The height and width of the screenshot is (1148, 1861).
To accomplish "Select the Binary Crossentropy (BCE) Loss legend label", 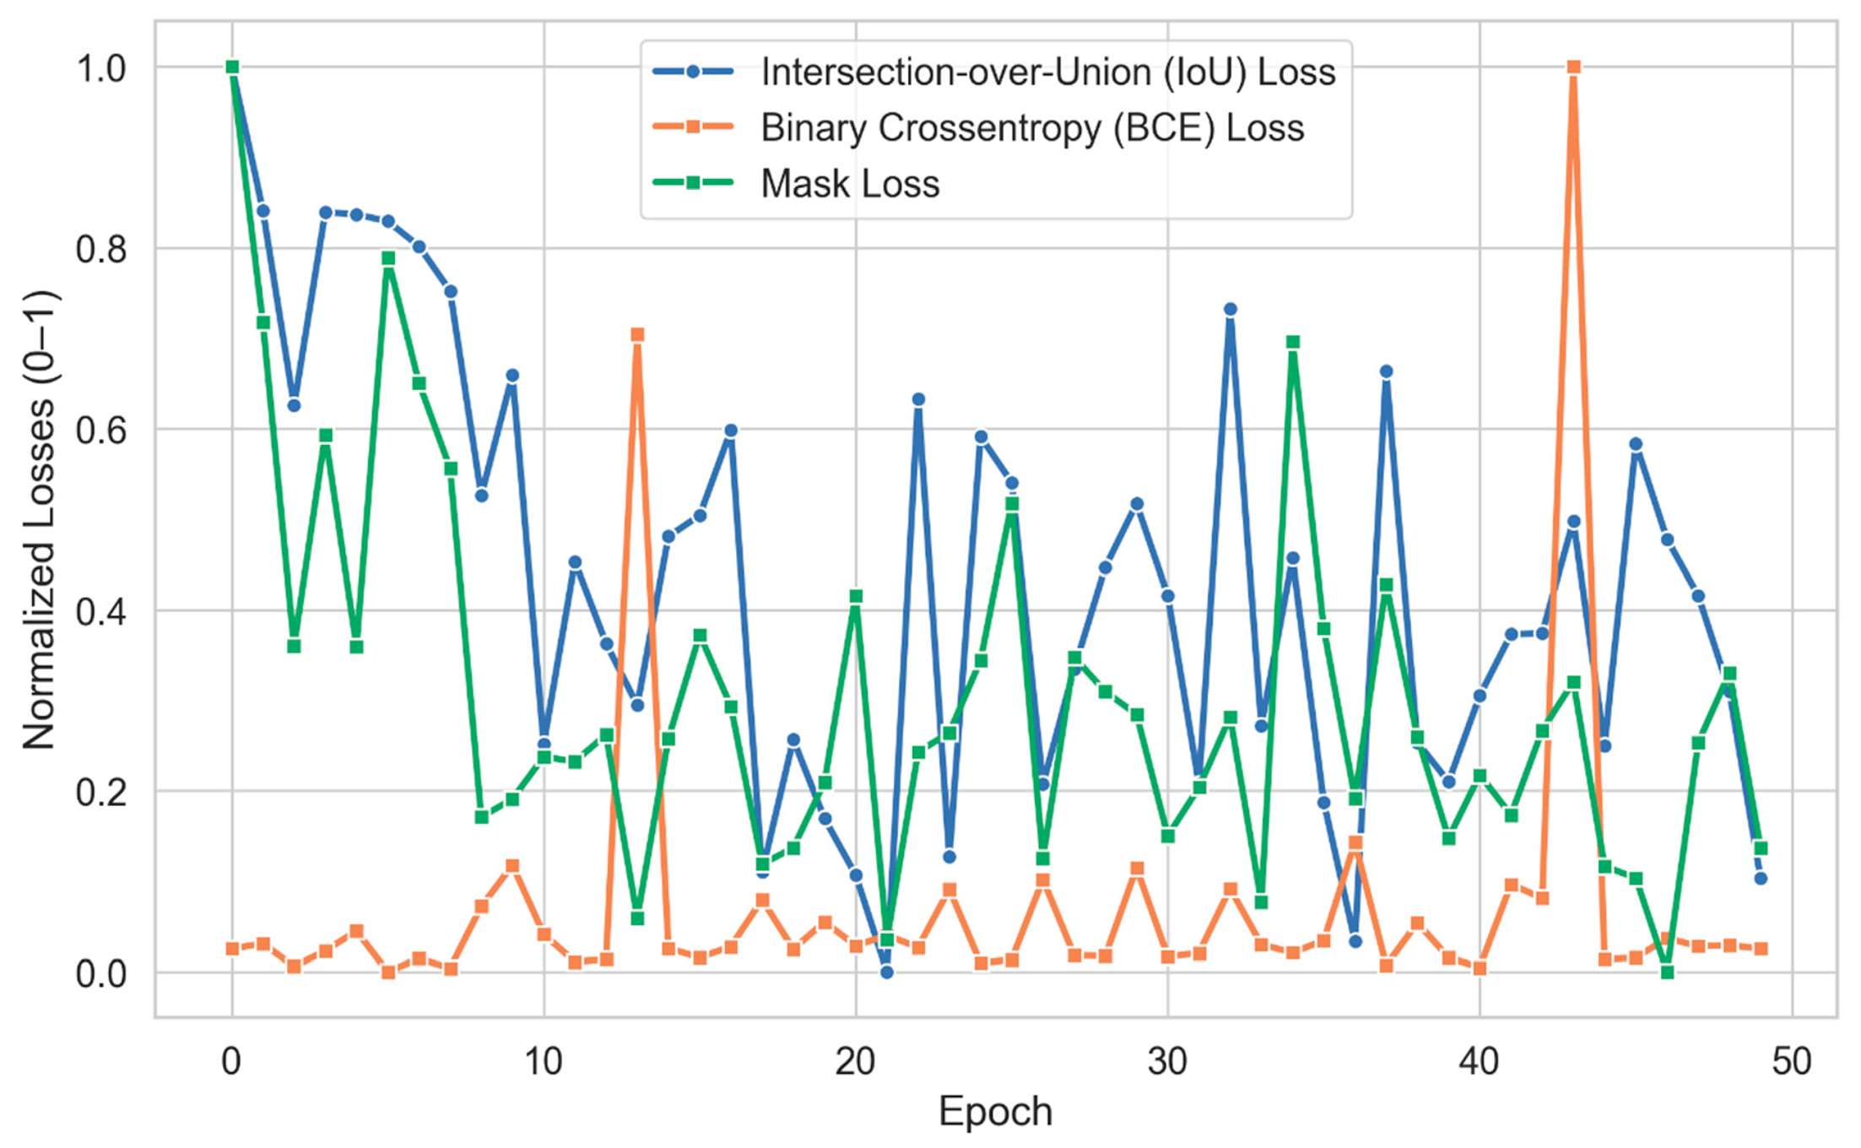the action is coord(1032,127).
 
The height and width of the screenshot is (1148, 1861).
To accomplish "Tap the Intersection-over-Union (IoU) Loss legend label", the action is coord(1048,72).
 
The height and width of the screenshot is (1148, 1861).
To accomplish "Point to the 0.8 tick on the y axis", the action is coord(101,249).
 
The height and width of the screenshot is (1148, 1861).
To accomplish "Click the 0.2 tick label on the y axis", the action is coord(101,792).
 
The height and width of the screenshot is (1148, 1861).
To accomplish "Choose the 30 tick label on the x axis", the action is coord(1167,1061).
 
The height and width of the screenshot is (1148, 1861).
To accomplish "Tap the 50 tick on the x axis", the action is coord(1791,1061).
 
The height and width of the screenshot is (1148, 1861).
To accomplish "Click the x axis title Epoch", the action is coord(995,1112).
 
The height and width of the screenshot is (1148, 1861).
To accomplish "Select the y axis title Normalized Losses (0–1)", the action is coord(39,520).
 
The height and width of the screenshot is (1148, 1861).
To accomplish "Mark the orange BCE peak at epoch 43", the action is coord(1573,67).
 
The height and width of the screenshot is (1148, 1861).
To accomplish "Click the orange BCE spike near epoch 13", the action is coord(637,335).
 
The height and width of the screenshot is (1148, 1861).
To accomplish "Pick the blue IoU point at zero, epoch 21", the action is coord(886,972).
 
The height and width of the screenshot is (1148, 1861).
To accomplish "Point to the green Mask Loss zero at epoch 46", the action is coord(1667,972).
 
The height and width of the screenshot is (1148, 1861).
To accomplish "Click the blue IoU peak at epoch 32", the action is coord(1230,310).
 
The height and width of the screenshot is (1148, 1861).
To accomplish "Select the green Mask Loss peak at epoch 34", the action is coord(1292,342).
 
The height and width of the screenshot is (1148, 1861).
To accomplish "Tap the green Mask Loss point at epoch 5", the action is coord(388,258).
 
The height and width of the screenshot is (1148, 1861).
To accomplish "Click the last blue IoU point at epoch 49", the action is coord(1761,879).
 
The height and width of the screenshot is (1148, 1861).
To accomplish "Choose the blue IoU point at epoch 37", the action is coord(1386,371).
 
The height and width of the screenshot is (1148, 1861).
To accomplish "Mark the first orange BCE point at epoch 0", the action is coord(232,949).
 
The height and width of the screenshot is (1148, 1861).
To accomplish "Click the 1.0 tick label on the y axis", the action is coord(101,68).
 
